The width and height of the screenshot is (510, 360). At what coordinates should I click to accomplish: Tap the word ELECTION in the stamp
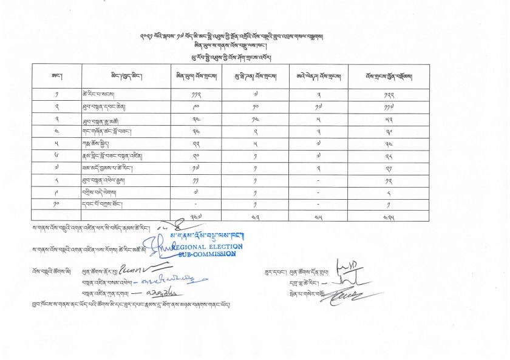(x=225, y=246)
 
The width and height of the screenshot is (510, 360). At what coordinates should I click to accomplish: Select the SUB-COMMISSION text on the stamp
(x=205, y=254)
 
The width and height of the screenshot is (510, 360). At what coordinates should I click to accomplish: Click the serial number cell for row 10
(x=56, y=203)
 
